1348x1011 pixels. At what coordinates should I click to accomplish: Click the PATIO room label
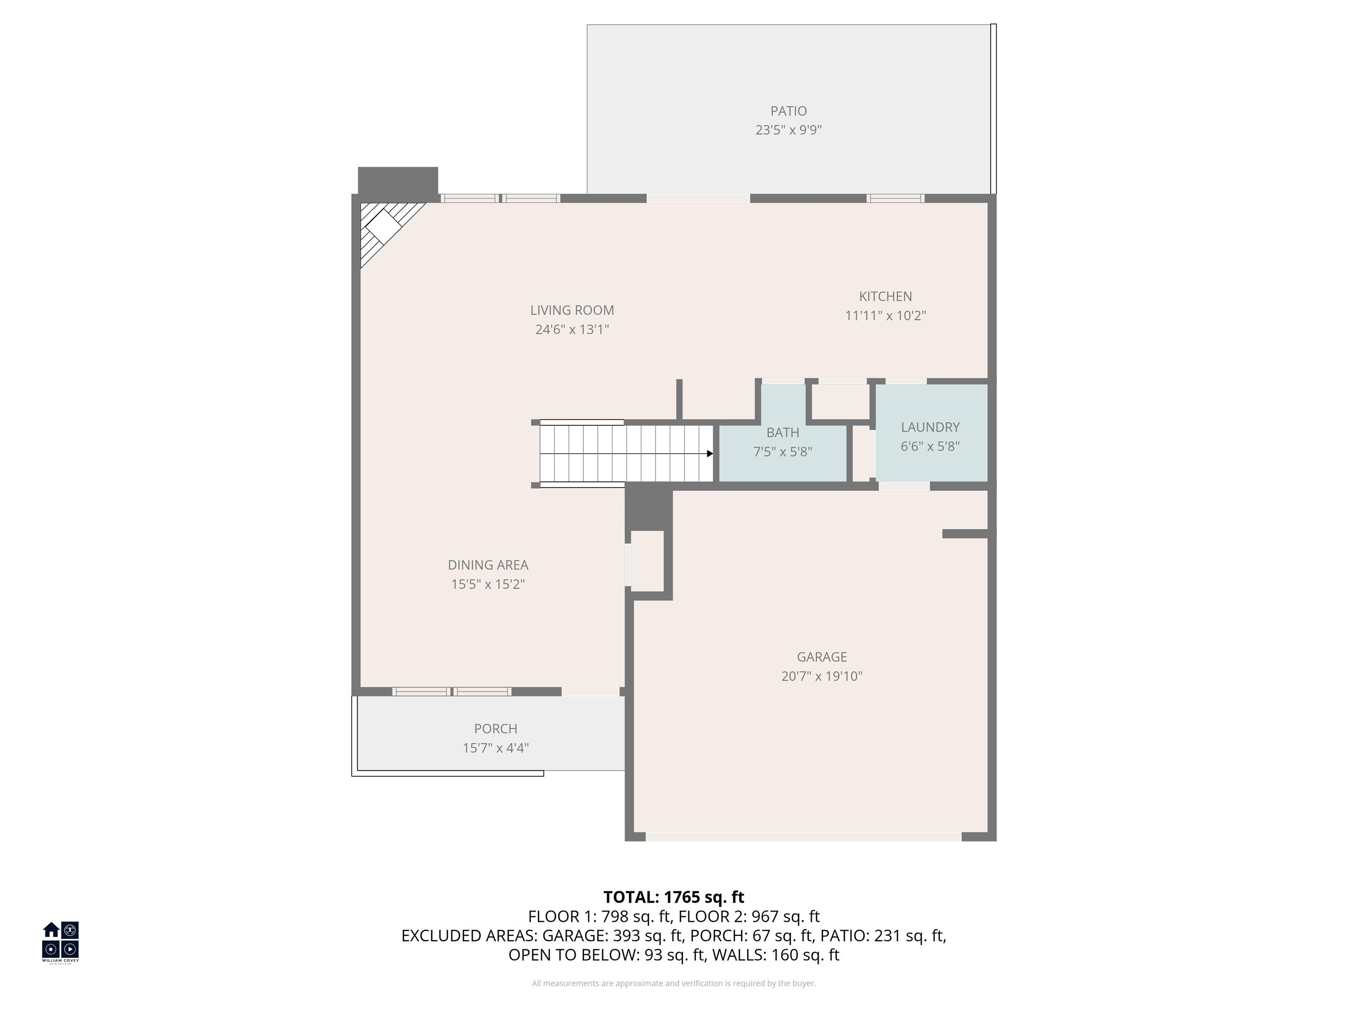(788, 111)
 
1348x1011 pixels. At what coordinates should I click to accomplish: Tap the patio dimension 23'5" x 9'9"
(788, 130)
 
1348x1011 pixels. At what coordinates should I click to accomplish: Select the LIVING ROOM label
(572, 310)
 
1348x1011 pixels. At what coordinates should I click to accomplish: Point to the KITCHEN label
(885, 296)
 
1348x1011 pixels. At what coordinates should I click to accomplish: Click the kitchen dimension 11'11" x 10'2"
(885, 315)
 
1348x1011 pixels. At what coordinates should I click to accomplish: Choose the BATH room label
(782, 433)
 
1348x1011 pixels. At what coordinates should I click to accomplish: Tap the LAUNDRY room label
(930, 427)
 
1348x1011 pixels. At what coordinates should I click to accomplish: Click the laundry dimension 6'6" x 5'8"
(930, 446)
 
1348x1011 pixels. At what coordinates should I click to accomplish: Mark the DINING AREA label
(488, 565)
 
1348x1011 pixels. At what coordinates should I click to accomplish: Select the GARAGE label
(821, 657)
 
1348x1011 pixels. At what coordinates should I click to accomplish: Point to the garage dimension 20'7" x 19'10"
(821, 676)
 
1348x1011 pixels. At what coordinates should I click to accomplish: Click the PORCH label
(495, 729)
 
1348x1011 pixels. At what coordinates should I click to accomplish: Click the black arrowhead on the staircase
(710, 453)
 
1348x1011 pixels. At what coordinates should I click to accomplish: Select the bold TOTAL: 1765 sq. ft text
(674, 897)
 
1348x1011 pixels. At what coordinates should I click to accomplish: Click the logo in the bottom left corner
(60, 941)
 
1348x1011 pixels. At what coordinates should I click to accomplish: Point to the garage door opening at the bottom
(803, 837)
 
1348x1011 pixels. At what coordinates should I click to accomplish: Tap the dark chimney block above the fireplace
(397, 180)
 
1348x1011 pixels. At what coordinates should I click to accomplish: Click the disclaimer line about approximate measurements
(674, 983)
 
